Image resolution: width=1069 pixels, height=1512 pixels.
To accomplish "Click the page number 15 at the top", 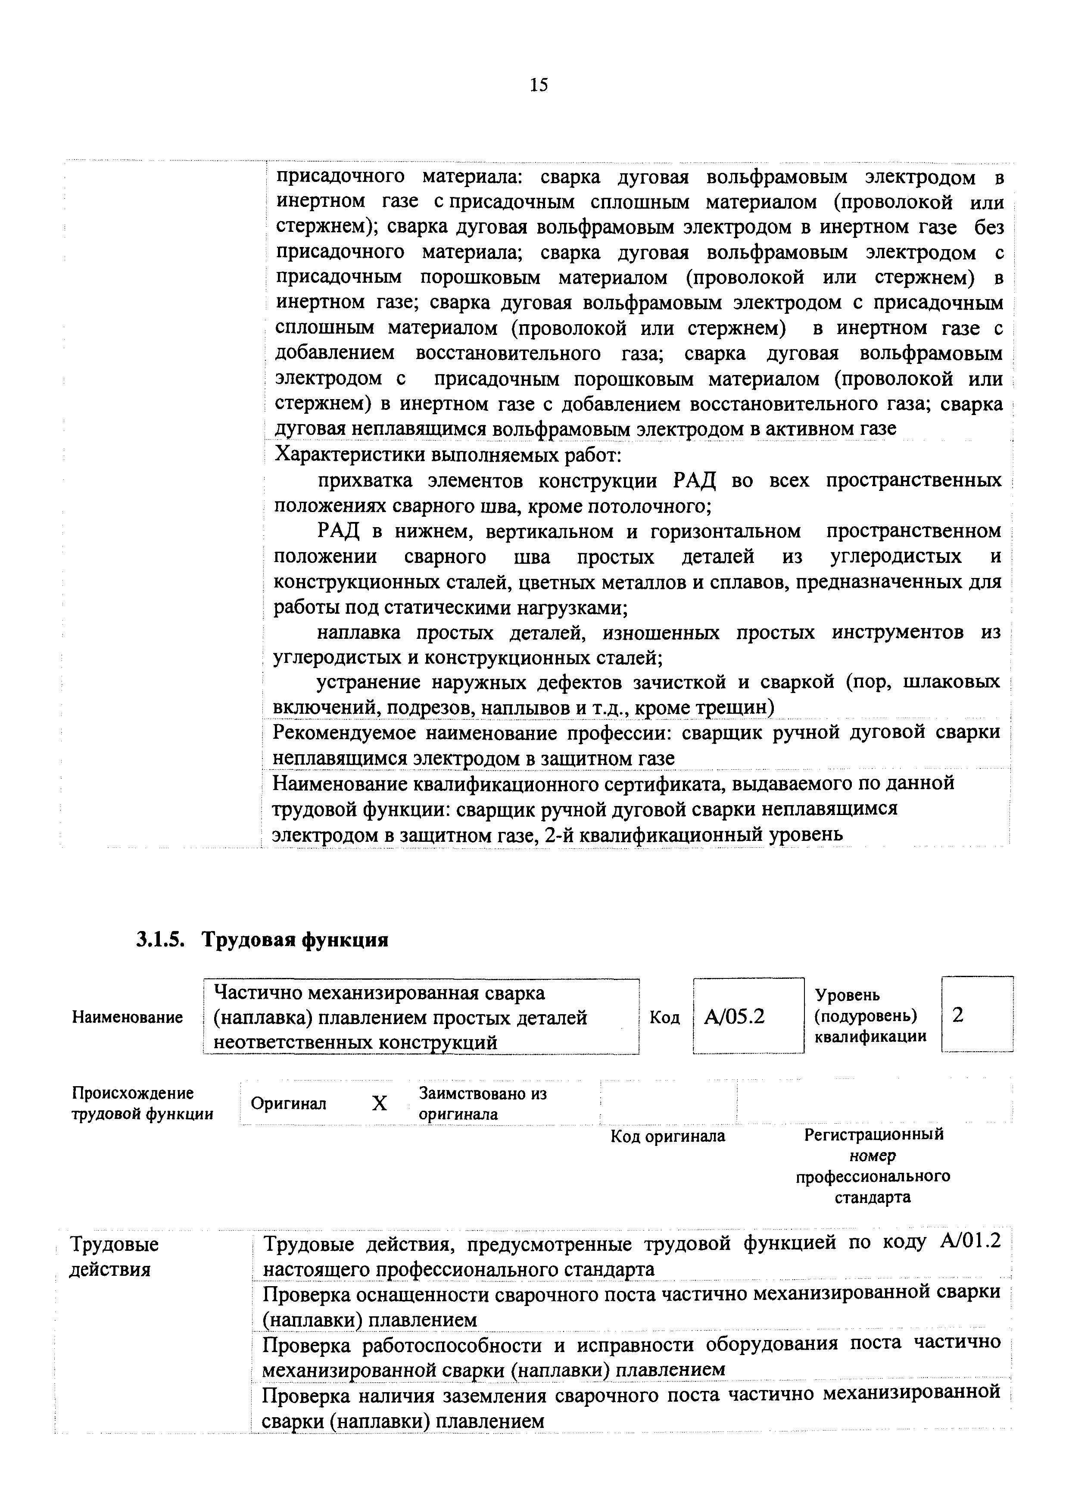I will pyautogui.click(x=538, y=85).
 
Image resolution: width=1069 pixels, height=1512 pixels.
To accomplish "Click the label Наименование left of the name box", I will pyautogui.click(x=127, y=1018).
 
